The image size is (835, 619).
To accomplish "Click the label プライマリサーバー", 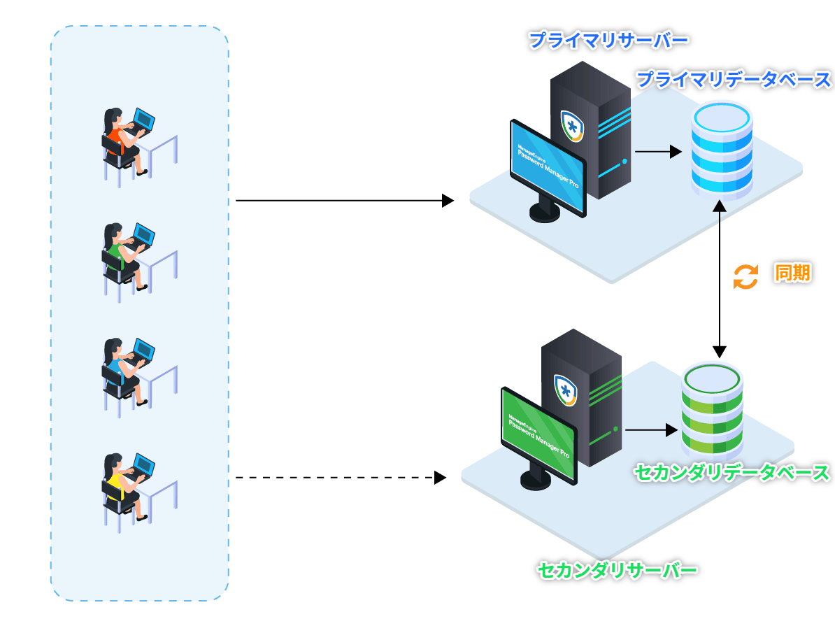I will tap(608, 40).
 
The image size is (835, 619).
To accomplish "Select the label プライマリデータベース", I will tap(734, 79).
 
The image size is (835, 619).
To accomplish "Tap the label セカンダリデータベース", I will tap(731, 473).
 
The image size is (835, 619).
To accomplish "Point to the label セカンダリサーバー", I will tap(618, 571).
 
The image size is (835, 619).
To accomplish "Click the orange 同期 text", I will tap(792, 273).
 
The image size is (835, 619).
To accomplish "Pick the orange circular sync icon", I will tap(745, 276).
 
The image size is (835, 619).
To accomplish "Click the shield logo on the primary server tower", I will tap(572, 127).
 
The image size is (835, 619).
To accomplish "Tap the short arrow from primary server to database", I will tap(657, 151).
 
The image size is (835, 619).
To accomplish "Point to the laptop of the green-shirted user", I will tap(144, 234).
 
